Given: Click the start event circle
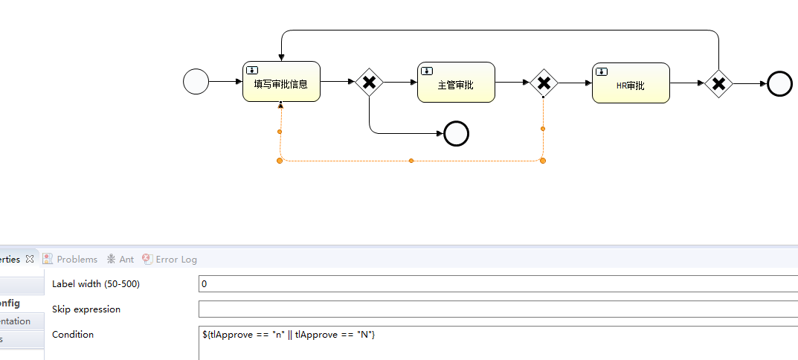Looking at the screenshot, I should click(x=196, y=82).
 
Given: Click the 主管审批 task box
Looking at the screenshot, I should click(x=456, y=83).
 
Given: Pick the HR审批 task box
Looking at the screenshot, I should click(x=631, y=83).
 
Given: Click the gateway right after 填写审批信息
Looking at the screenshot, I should click(x=369, y=83).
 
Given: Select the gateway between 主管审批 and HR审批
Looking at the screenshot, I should click(x=544, y=83).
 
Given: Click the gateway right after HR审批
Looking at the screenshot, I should click(x=719, y=84).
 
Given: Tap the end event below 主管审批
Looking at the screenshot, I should click(x=456, y=134).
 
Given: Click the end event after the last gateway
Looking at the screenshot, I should click(x=779, y=84).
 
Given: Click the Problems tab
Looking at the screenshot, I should click(x=77, y=260).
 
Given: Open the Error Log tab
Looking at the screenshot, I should click(x=176, y=260).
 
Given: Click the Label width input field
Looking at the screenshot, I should click(x=497, y=284).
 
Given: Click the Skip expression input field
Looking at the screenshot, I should click(x=497, y=309).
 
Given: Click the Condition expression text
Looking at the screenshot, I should click(x=289, y=335).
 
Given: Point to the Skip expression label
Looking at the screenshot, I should click(x=86, y=309).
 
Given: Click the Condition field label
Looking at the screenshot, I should click(x=73, y=335).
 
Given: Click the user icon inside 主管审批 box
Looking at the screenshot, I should click(x=427, y=71).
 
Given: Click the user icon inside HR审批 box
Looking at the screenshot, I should click(x=602, y=71).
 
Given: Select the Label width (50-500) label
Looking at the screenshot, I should click(x=96, y=284).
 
